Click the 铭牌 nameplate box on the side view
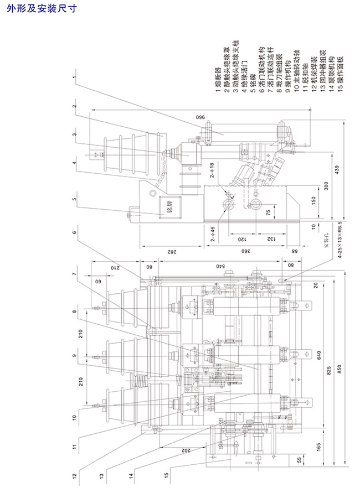(163, 209)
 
